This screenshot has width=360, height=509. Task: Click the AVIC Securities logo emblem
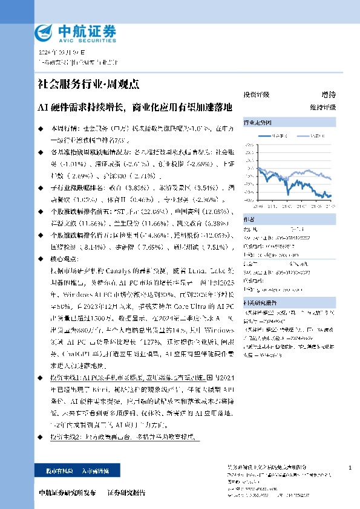pyautogui.click(x=45, y=31)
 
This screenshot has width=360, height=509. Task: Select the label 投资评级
pyautogui.click(x=256, y=95)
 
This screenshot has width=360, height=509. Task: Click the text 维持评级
pyautogui.click(x=322, y=107)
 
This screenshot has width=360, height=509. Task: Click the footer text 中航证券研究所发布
pyautogui.click(x=66, y=492)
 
